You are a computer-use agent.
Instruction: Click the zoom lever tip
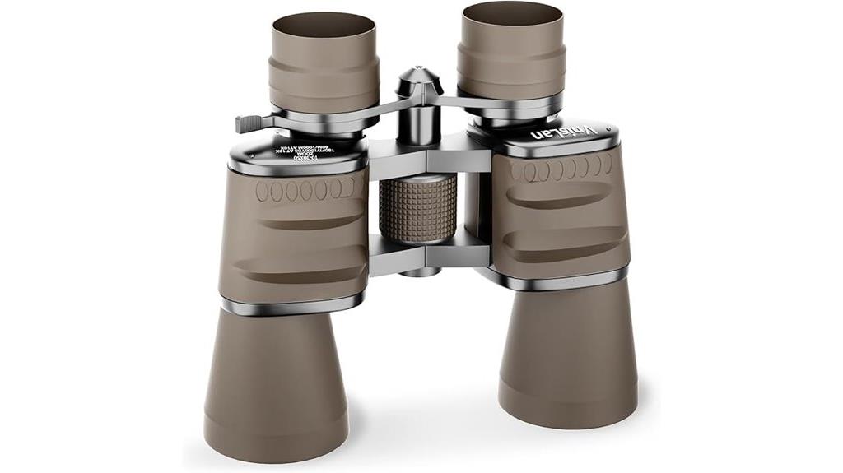244,123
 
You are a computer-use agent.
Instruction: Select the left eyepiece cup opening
324,26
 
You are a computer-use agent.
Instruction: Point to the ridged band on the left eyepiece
324,86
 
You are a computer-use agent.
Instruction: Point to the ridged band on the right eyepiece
512,70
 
